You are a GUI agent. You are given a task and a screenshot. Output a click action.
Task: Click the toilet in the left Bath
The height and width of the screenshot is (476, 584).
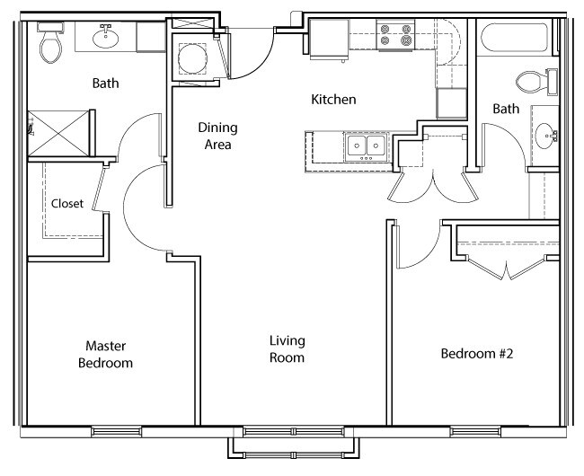pyautogui.click(x=50, y=42)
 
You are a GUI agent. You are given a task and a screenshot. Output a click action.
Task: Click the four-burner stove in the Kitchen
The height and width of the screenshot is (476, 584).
pyautogui.click(x=396, y=36)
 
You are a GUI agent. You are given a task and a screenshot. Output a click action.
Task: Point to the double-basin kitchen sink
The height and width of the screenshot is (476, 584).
pyautogui.click(x=366, y=145)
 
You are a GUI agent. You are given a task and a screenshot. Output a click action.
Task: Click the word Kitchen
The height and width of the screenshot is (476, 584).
pyautogui.click(x=333, y=100)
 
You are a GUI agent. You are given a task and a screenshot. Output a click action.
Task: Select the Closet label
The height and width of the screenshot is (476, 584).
pyautogui.click(x=67, y=204)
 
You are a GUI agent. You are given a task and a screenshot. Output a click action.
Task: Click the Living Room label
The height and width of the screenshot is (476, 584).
pyautogui.click(x=288, y=348)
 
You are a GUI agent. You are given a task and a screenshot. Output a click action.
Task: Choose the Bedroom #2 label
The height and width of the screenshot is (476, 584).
pyautogui.click(x=476, y=353)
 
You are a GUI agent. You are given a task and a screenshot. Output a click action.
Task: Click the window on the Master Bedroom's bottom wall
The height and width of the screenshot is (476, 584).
pyautogui.click(x=118, y=432)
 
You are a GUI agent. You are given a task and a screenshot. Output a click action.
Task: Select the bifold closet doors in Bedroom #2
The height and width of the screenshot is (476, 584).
pyautogui.click(x=508, y=266)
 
